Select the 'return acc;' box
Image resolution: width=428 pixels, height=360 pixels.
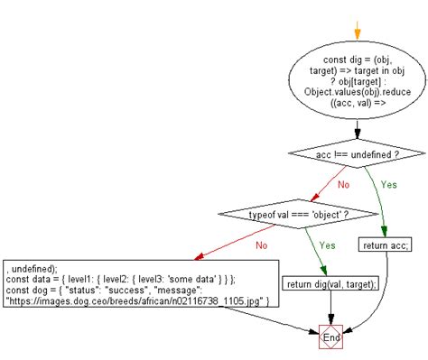point(387,245)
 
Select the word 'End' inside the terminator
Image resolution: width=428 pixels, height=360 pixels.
point(333,340)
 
